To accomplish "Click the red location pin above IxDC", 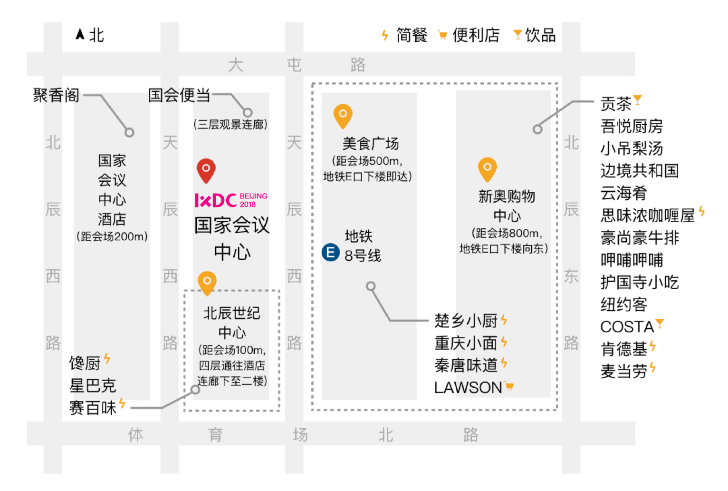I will tap(206, 169).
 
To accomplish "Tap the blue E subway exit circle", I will tap(330, 252).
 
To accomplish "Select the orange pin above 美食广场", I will tap(343, 115).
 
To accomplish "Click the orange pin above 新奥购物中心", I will tap(487, 168).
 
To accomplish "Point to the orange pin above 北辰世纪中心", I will tap(207, 282).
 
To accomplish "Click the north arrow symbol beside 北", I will tap(80, 34).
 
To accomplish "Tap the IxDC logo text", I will tap(216, 200).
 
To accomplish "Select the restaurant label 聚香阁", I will tap(56, 95).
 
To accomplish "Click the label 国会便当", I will tap(179, 95).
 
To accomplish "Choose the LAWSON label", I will tap(468, 388).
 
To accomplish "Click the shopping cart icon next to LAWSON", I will tap(509, 386).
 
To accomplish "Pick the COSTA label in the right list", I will tap(627, 327).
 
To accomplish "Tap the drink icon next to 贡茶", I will tap(638, 99).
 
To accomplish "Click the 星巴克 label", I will tap(93, 385).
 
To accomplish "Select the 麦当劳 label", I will tap(624, 372).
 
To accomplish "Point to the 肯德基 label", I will tap(624, 349).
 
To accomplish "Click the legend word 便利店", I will tap(476, 35).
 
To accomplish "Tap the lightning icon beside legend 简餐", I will tap(385, 35).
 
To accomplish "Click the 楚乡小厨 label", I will tap(466, 321).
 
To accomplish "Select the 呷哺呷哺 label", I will tap(632, 260).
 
